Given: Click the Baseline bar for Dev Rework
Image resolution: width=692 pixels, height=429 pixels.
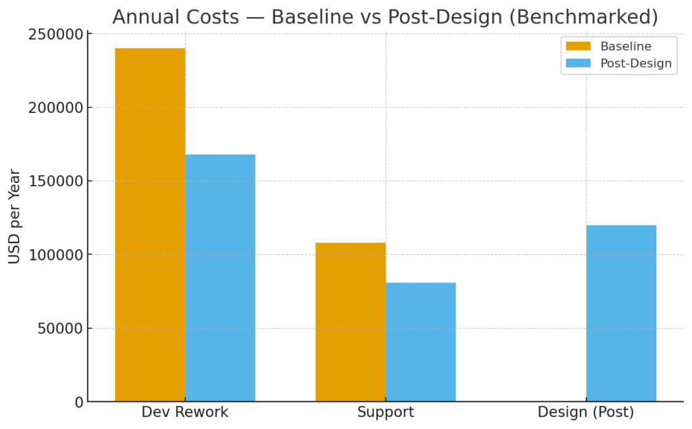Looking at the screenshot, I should click(x=150, y=225).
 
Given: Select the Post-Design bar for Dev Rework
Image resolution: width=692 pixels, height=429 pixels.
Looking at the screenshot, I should click(x=220, y=278).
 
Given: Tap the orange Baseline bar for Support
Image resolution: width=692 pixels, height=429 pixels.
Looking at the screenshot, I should click(x=350, y=322).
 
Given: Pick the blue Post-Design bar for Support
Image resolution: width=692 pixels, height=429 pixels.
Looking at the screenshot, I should click(x=420, y=342).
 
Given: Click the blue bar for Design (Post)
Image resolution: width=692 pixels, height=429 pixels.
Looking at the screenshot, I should click(x=621, y=313).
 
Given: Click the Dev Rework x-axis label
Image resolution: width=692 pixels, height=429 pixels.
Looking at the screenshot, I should click(x=185, y=413).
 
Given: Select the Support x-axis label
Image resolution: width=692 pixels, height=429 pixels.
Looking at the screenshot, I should click(x=385, y=413).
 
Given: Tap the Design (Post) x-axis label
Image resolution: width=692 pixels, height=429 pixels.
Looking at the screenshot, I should click(x=586, y=413).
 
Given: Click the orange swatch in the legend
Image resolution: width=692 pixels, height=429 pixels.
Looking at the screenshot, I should click(x=578, y=47).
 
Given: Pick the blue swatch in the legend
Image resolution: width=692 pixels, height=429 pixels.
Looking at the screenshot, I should click(x=578, y=64).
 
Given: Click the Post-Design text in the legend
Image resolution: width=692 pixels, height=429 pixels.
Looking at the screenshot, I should click(x=636, y=64).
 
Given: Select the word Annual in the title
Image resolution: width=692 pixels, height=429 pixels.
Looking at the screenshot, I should click(x=141, y=18).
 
